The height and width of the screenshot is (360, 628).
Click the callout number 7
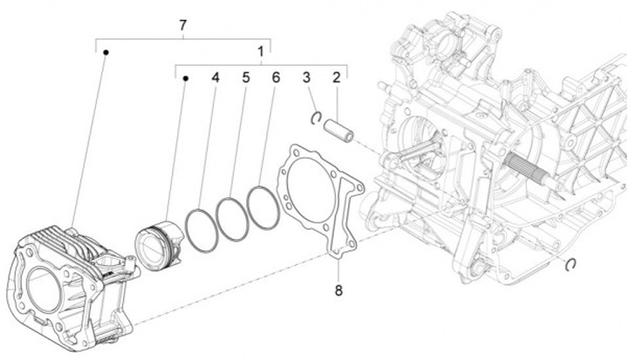pyautogui.click(x=182, y=24)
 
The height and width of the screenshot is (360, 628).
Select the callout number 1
pyautogui.click(x=261, y=51)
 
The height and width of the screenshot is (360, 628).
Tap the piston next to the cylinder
pyautogui.click(x=159, y=240)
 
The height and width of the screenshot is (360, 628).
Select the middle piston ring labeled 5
pyautogui.click(x=233, y=219)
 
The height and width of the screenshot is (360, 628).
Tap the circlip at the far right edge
pyautogui.click(x=570, y=264)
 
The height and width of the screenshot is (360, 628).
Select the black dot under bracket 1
pyautogui.click(x=186, y=79)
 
